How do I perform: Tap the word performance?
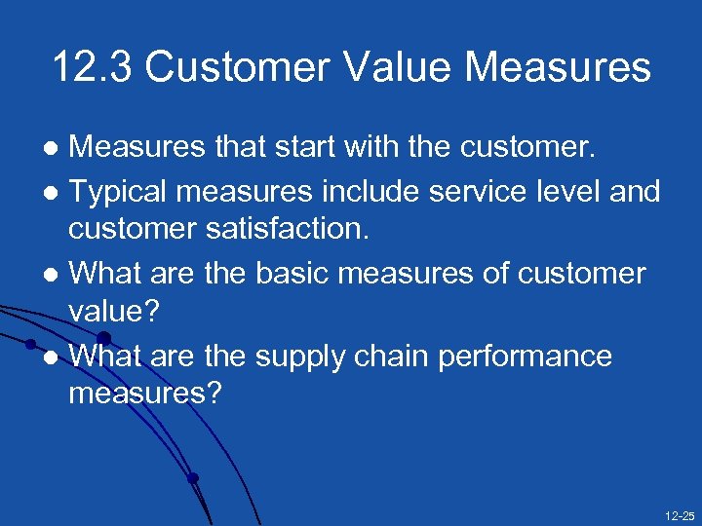coord(526,357)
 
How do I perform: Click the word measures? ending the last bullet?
coord(145,394)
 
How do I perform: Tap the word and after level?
coord(638,192)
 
